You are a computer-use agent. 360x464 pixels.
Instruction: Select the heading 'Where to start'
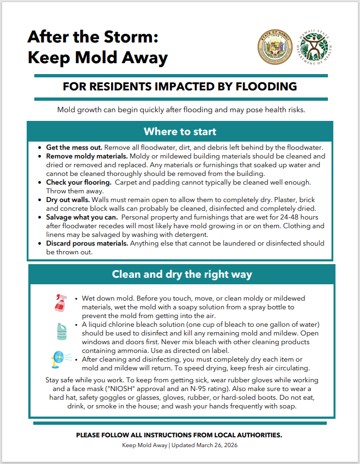[x=180, y=132]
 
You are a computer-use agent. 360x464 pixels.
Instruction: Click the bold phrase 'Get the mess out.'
[x=73, y=148]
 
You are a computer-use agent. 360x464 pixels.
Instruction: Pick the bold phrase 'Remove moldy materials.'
[x=86, y=156]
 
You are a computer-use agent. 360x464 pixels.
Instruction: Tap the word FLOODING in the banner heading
[x=269, y=87]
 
